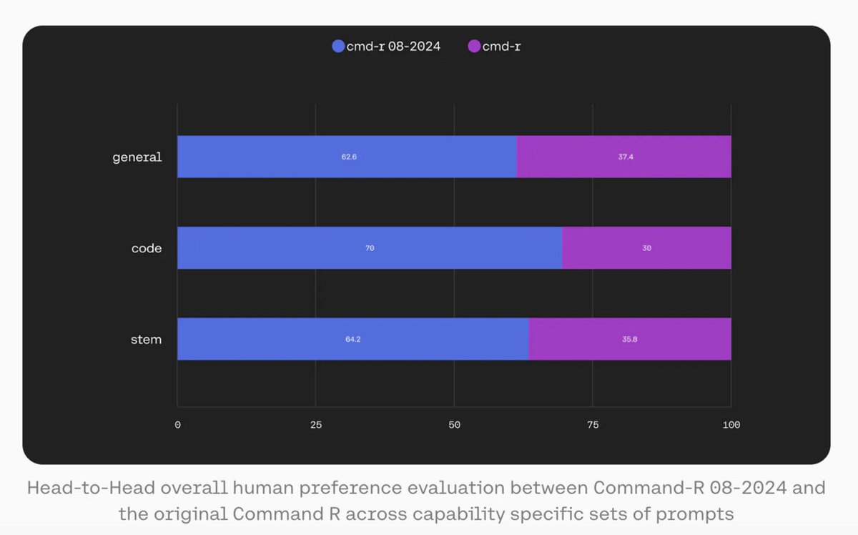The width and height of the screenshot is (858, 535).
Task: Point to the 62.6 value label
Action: (x=349, y=157)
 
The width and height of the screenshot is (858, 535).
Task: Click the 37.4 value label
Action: (x=626, y=157)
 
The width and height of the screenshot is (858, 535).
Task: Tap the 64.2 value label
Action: (x=352, y=339)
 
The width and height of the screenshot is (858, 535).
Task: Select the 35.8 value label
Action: (x=630, y=339)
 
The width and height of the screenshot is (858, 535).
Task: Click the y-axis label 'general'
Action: (x=137, y=157)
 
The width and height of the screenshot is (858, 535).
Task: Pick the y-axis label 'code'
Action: (x=147, y=248)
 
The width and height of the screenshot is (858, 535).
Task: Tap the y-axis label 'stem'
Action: (x=147, y=339)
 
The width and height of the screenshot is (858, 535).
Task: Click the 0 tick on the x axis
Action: (x=177, y=425)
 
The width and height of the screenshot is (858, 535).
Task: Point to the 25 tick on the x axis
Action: (x=315, y=425)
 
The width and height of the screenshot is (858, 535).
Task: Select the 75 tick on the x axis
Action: (x=592, y=425)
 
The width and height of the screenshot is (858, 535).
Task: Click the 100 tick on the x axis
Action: (x=731, y=425)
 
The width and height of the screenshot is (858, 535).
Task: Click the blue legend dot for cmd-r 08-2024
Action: (x=339, y=46)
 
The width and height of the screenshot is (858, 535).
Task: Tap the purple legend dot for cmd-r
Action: (x=474, y=46)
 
